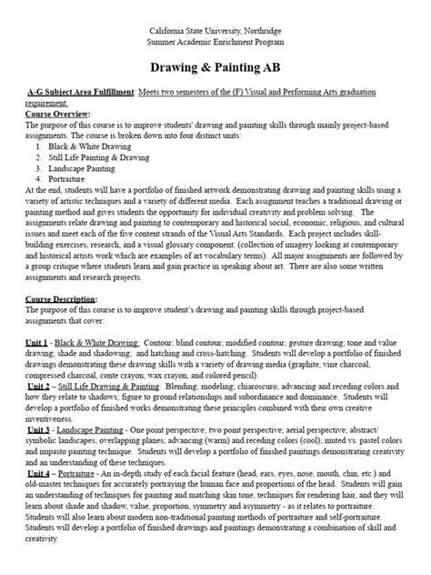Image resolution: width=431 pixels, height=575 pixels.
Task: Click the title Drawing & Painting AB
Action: pos(215,69)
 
